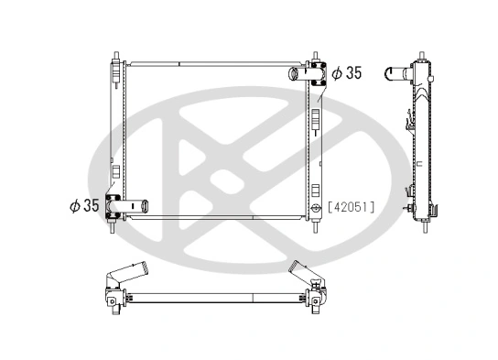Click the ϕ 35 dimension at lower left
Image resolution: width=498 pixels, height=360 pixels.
[83, 205]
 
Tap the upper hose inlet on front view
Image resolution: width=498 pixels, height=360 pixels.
[298, 73]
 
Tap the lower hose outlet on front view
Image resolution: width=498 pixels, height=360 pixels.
[135, 205]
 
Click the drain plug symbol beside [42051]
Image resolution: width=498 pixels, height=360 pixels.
[316, 208]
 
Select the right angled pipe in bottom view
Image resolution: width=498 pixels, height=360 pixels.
[303, 272]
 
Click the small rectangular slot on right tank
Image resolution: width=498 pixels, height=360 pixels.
[317, 118]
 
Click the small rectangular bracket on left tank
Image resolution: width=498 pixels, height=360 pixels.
[114, 170]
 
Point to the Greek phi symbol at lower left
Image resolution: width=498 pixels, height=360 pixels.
[74, 205]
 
